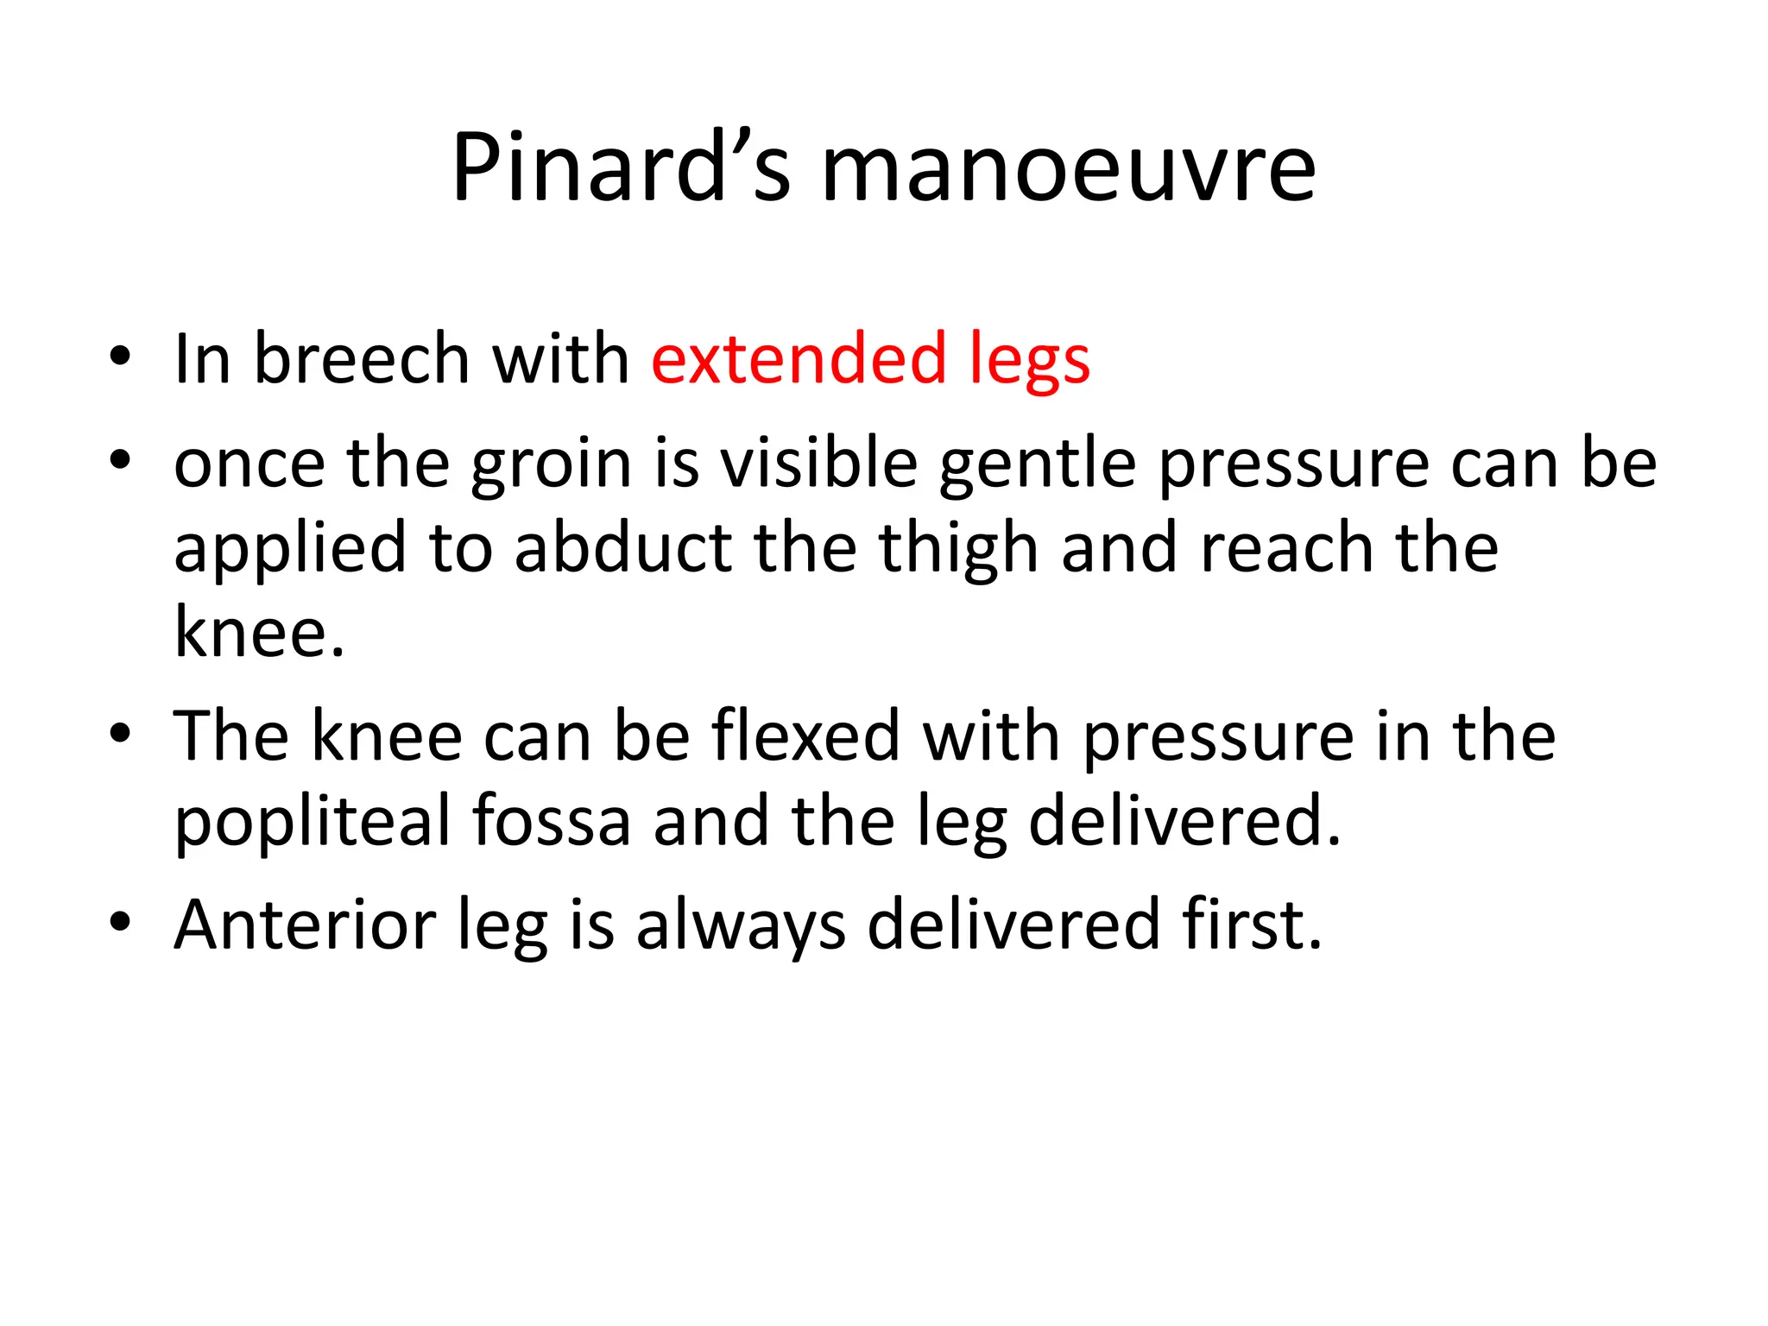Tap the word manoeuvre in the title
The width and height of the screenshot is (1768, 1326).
click(x=1068, y=169)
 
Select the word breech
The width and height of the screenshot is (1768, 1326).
click(x=362, y=359)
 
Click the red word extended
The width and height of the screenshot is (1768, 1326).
click(x=799, y=358)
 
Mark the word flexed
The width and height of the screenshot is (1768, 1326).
click(x=805, y=736)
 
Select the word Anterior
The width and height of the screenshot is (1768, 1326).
click(x=305, y=925)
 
